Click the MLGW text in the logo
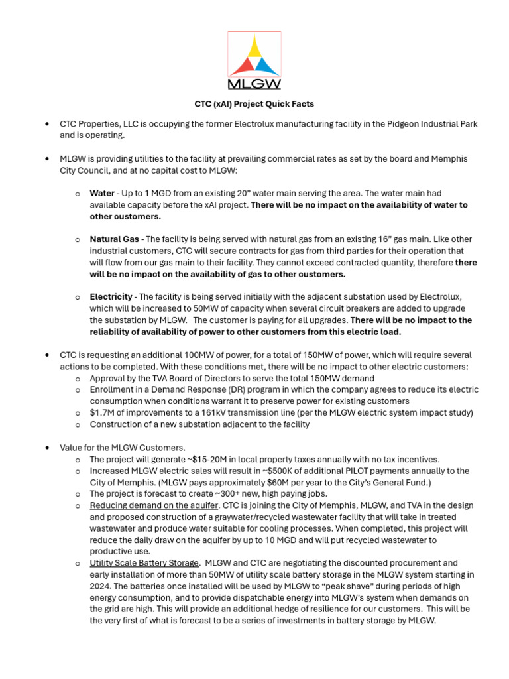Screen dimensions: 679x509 tap(254, 84)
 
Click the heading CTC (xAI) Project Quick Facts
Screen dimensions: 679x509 tap(254, 104)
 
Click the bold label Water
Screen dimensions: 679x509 tap(102, 194)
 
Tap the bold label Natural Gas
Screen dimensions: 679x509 tap(115, 239)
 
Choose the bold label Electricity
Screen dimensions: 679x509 tap(111, 297)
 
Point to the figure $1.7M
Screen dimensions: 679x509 tap(101, 412)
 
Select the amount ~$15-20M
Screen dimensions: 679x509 tap(205, 459)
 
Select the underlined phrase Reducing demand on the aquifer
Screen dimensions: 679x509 tap(154, 505)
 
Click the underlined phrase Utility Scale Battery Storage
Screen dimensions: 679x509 tap(144, 563)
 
